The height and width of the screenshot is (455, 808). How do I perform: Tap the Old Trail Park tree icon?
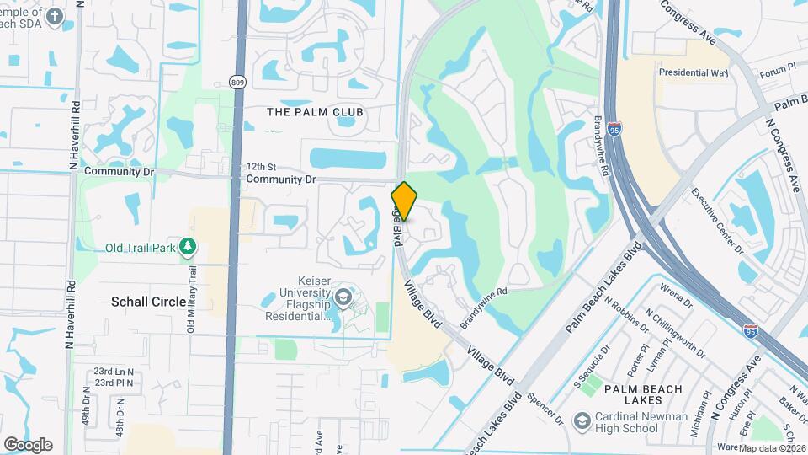[x=189, y=247]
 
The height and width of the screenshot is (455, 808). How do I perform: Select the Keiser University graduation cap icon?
[x=343, y=297]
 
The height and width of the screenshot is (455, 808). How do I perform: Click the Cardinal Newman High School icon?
[x=582, y=420]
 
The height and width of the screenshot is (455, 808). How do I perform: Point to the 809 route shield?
[x=237, y=82]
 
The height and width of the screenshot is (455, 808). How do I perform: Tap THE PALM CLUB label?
[x=315, y=112]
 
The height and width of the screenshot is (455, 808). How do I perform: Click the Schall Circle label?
[x=149, y=302]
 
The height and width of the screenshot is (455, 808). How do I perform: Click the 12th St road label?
[x=261, y=167]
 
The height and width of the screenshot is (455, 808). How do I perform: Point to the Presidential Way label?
[x=693, y=73]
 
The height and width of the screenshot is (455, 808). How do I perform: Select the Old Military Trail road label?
[x=192, y=299]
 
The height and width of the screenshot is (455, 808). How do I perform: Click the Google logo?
[x=28, y=444]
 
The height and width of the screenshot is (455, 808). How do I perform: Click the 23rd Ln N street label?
[x=114, y=371]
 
